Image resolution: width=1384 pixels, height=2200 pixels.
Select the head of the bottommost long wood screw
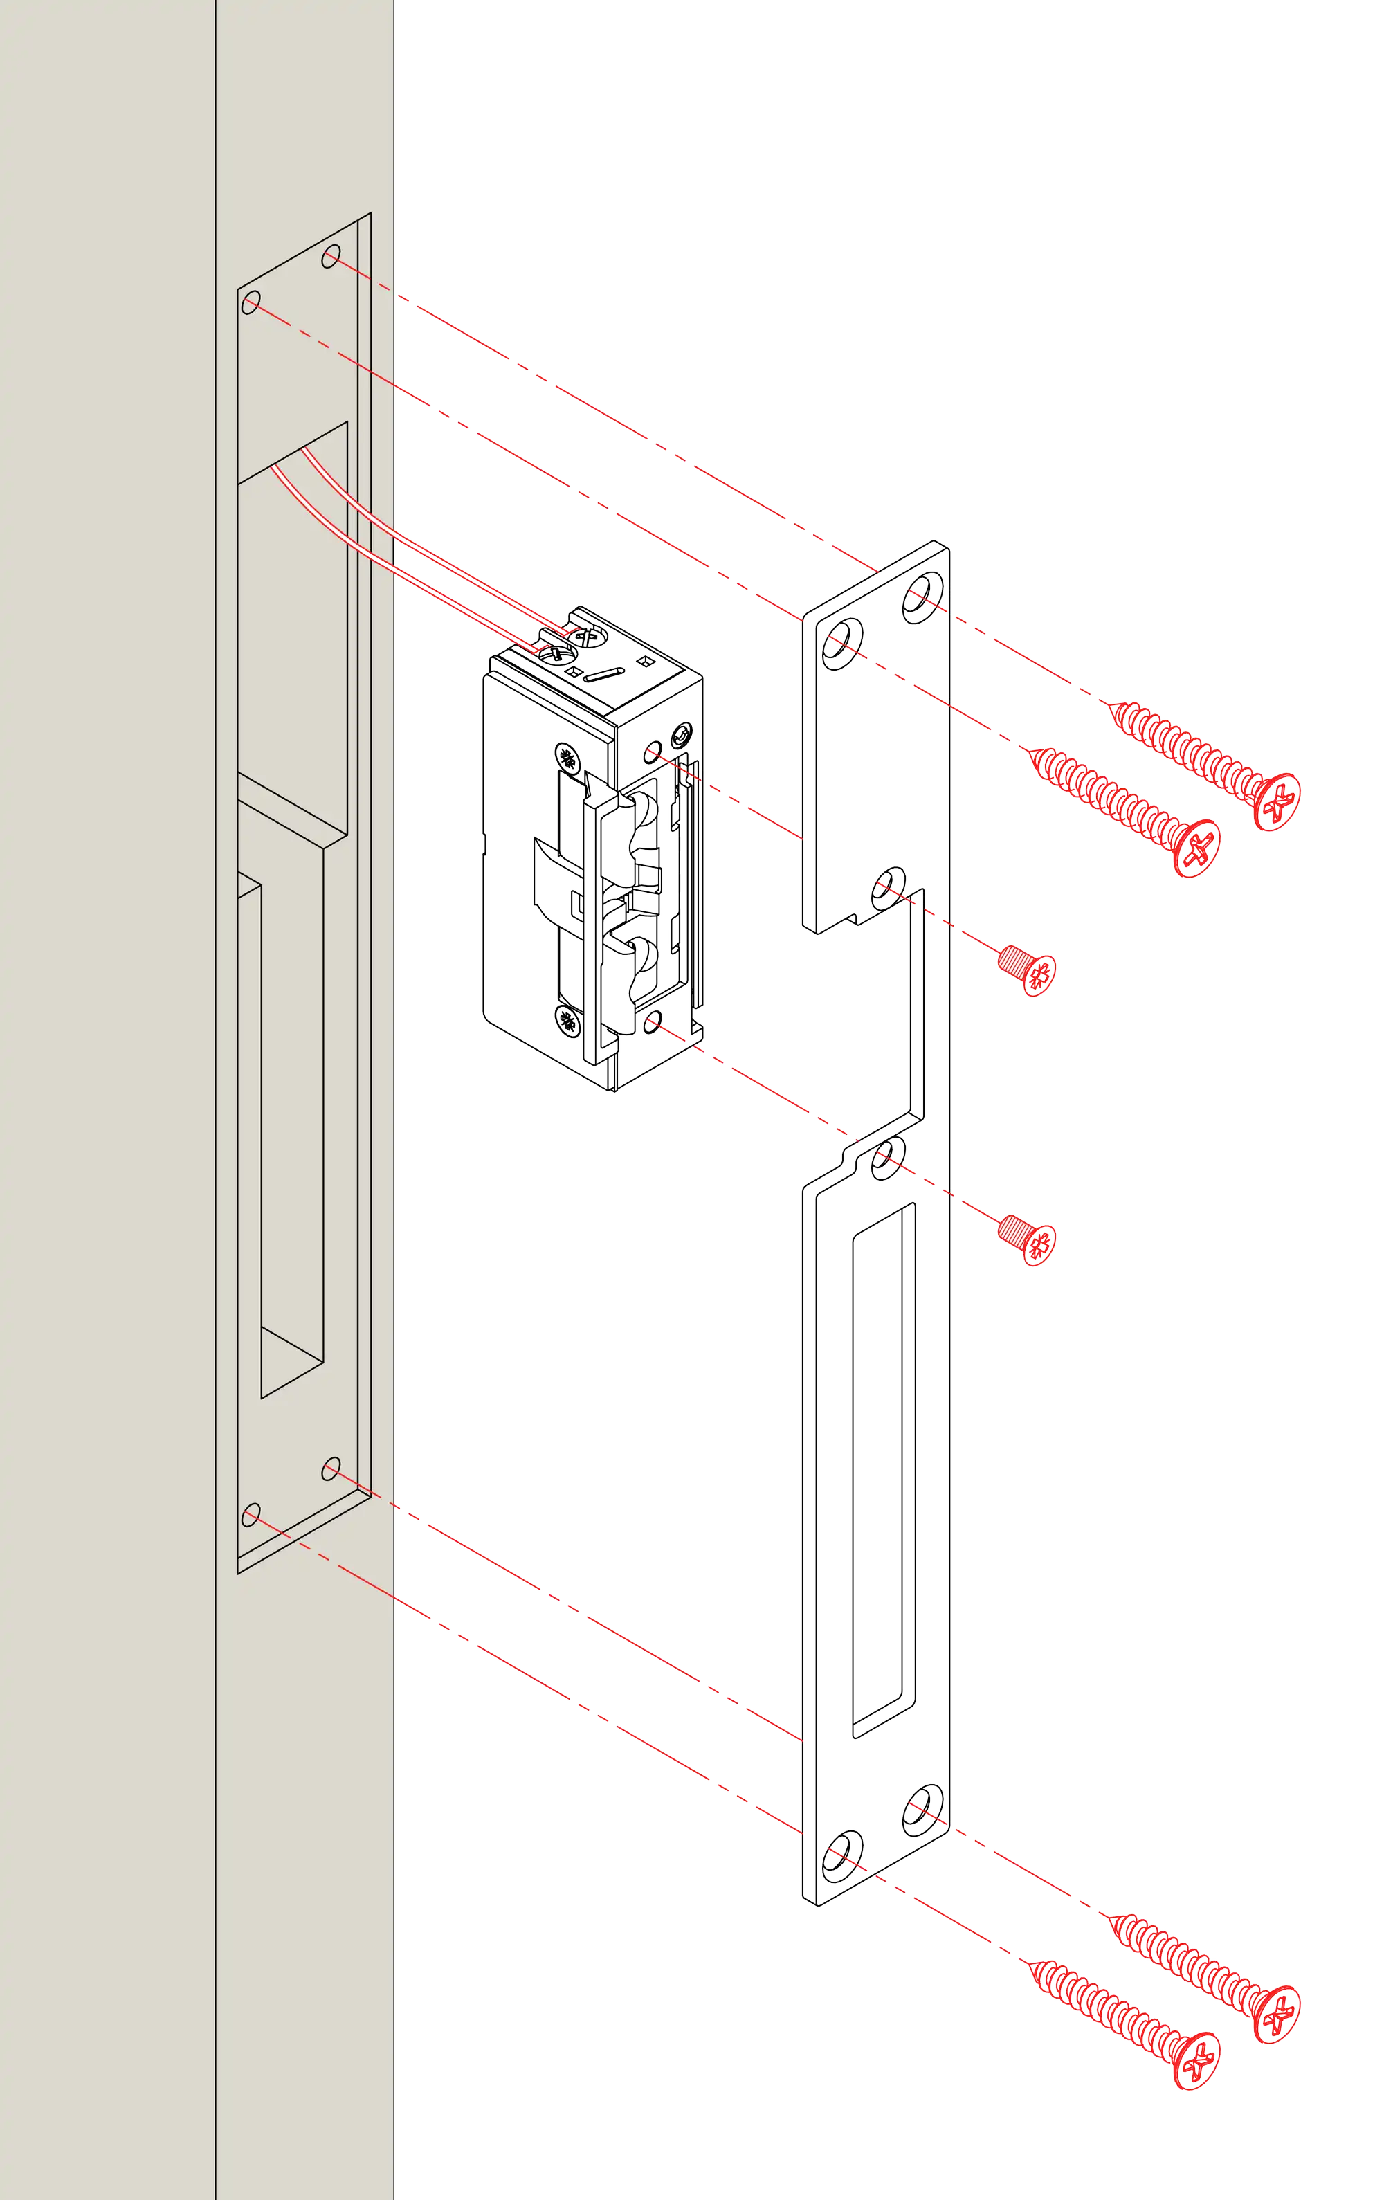point(1196,2062)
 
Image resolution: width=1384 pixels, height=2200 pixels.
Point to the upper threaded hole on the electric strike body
point(653,752)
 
